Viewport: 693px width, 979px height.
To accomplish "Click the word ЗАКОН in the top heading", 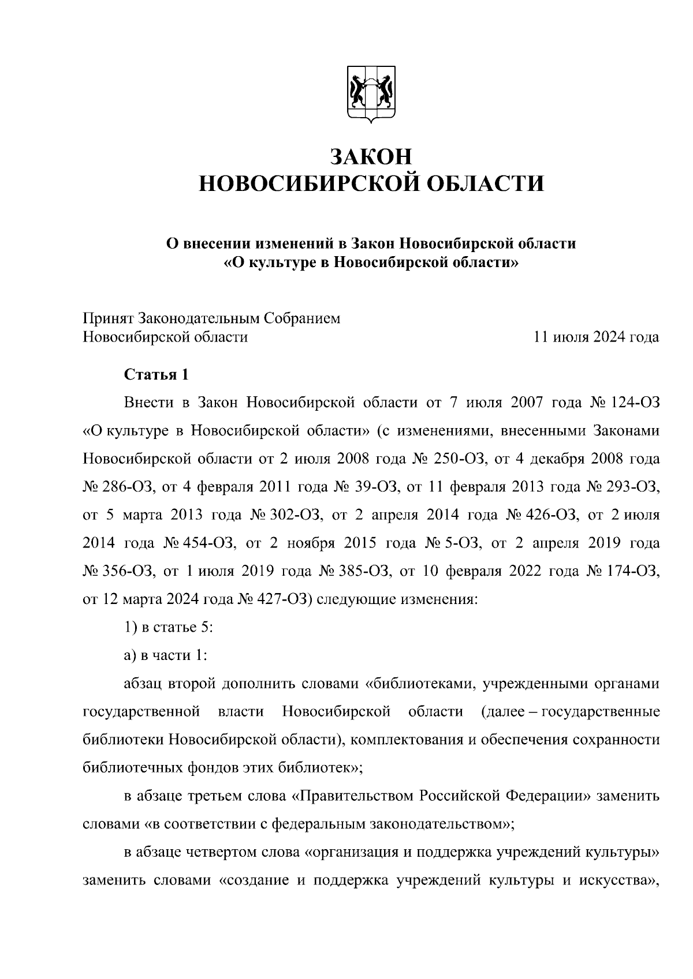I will [x=371, y=156].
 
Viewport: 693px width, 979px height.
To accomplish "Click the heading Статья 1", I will [x=157, y=374].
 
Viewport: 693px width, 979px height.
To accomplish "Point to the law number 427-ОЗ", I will [x=285, y=600].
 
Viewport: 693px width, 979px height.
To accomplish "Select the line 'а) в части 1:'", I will [x=165, y=656].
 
